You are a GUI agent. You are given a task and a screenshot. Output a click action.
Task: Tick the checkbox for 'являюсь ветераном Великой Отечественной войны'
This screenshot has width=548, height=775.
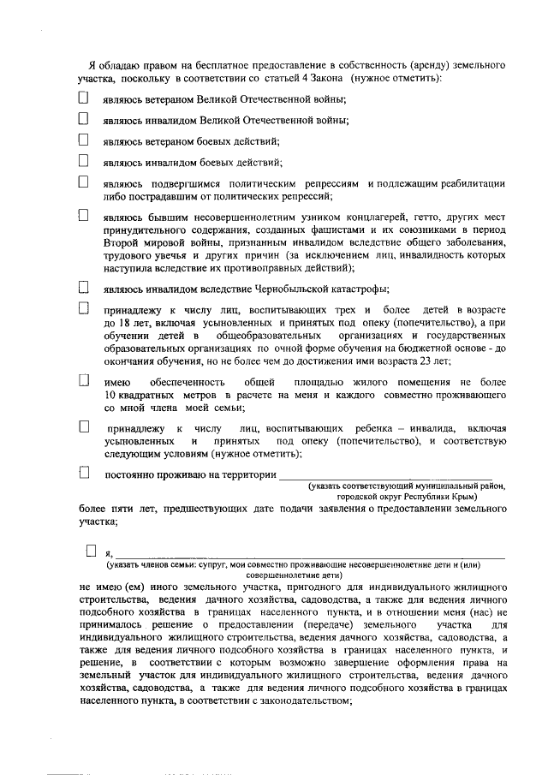[83, 98]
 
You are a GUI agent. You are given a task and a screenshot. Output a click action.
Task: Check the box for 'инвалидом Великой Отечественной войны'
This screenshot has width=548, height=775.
[83, 118]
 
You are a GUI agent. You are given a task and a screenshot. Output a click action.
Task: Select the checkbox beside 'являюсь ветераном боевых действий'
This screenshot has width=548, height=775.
[83, 139]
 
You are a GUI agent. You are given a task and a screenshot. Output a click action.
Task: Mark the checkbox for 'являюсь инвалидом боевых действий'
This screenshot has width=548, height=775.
[83, 160]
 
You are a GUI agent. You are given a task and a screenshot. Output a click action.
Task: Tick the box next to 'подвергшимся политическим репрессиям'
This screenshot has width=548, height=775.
[83, 182]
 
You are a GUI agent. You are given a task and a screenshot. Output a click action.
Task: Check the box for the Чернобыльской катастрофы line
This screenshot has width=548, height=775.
[83, 287]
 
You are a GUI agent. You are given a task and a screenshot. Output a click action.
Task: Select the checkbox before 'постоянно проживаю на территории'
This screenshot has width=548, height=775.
[83, 472]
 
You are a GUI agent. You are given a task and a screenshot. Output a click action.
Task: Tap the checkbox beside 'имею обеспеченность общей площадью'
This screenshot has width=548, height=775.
[83, 379]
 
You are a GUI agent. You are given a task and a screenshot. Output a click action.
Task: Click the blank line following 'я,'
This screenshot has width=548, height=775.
[308, 556]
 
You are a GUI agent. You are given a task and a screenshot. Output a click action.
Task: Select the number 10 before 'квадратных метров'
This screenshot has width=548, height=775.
[110, 394]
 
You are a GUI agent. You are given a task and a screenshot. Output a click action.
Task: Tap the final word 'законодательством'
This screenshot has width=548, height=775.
[302, 700]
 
